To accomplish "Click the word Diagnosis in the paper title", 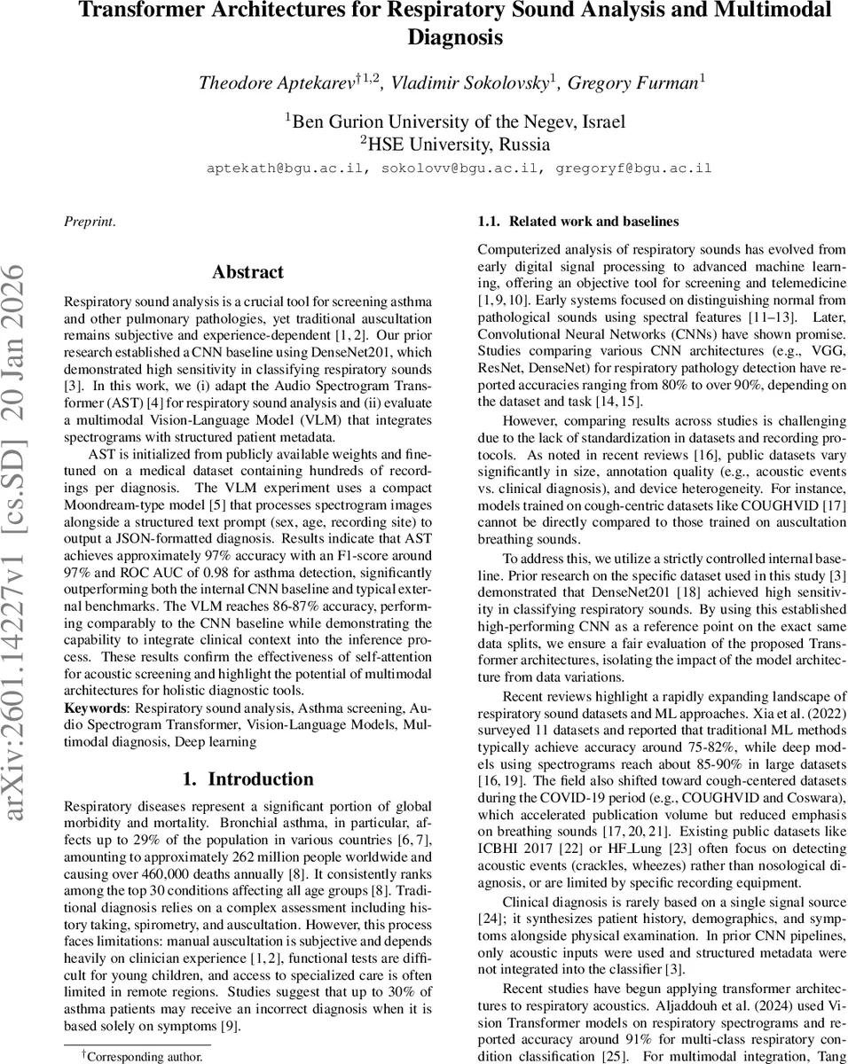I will pos(455,37).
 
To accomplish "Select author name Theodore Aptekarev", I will pos(276,82).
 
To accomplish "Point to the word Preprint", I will pos(89,222).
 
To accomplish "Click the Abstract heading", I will pos(248,272).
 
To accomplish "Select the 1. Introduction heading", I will pos(248,779).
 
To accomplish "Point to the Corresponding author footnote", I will pos(145,1057).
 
